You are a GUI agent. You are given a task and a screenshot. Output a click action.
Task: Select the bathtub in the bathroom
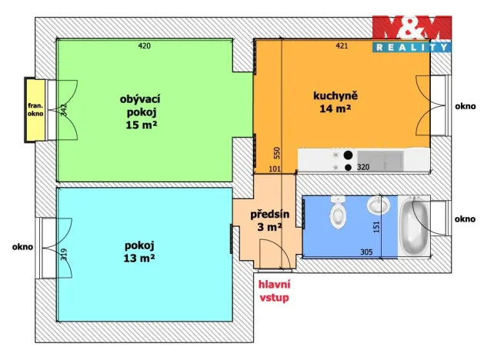click(x=414, y=225)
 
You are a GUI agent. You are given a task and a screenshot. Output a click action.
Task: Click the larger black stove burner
click(x=348, y=155)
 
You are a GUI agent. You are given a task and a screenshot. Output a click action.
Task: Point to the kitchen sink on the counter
click(x=380, y=160)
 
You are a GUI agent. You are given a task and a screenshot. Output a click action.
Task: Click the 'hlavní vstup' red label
click(x=274, y=291)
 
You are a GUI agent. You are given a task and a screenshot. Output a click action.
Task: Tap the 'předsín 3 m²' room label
click(x=269, y=221)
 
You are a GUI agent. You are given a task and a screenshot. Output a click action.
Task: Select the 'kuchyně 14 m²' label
click(x=335, y=102)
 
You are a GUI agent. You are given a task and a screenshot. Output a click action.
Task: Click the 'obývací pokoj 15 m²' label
click(x=140, y=112)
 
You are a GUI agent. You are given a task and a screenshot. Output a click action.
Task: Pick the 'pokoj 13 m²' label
click(x=139, y=252)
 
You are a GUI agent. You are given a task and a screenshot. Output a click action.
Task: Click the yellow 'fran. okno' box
click(x=35, y=110)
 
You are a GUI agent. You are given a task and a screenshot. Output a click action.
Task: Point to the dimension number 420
click(x=145, y=46)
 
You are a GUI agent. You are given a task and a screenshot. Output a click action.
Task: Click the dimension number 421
click(x=342, y=46)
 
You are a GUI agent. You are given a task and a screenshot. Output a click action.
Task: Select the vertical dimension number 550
click(x=276, y=153)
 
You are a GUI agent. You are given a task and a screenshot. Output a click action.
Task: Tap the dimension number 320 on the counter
click(x=363, y=167)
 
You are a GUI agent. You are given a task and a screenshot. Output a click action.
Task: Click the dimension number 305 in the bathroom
click(x=366, y=252)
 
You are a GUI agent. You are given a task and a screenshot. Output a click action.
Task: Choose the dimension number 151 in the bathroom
click(x=376, y=227)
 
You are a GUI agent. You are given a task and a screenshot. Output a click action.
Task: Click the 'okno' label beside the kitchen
click(x=465, y=106)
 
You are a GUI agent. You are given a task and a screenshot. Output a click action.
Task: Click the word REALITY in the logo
click(x=412, y=48)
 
